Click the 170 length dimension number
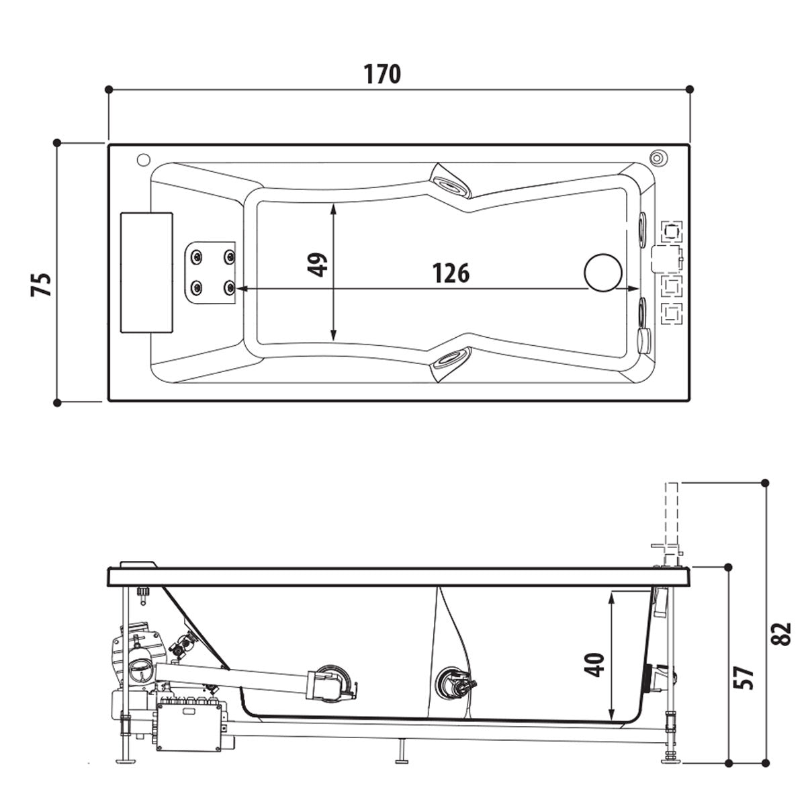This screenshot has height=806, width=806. point(384,73)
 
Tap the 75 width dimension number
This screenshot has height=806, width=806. point(41,285)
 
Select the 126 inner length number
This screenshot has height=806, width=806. point(450,273)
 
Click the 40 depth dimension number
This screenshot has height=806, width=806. point(597,665)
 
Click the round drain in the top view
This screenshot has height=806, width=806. point(603,273)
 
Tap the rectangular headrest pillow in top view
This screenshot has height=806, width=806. point(146,272)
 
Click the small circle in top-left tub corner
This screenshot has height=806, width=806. point(142,161)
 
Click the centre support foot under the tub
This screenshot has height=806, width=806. point(402,752)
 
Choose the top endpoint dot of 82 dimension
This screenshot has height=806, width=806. point(766,482)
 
